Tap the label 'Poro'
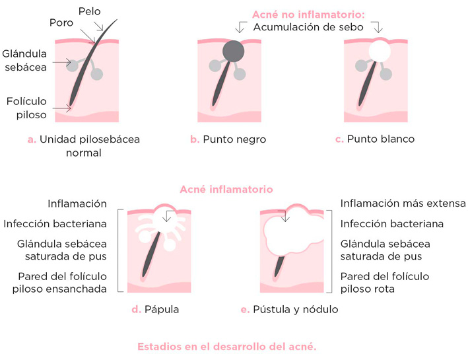click(61, 23)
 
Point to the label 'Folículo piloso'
click(26, 108)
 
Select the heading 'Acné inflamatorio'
click(226, 189)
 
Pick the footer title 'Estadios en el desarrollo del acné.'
click(228, 346)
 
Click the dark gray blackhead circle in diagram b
click(234, 51)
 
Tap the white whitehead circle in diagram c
click(379, 51)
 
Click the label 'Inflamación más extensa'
click(403, 203)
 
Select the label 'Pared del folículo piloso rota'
click(384, 282)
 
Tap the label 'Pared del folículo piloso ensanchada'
click(64, 282)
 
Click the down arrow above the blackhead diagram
click(238, 27)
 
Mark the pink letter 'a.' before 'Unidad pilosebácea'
click(31, 139)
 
